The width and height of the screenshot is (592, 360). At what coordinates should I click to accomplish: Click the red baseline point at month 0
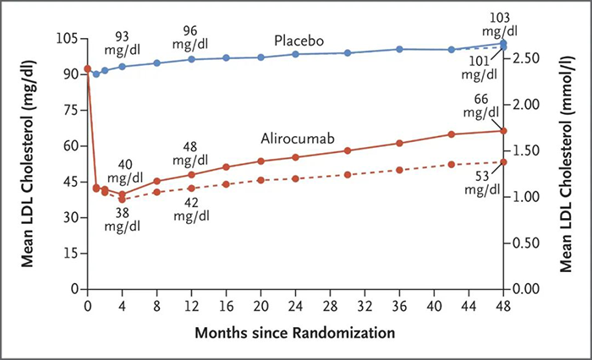coord(87,68)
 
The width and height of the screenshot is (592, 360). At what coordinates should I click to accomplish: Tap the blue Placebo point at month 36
coord(399,49)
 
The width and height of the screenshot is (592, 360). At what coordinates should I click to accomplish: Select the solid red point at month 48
coord(503,130)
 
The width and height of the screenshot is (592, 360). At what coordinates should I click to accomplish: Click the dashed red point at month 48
coord(503,161)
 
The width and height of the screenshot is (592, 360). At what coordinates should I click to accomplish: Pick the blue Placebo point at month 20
coord(260,57)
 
